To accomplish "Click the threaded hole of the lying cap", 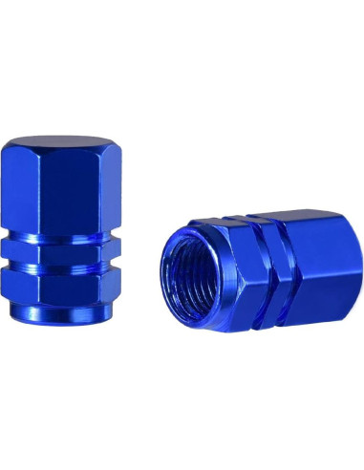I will pos(204,272).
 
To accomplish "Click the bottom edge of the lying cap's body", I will pos(296,326).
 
